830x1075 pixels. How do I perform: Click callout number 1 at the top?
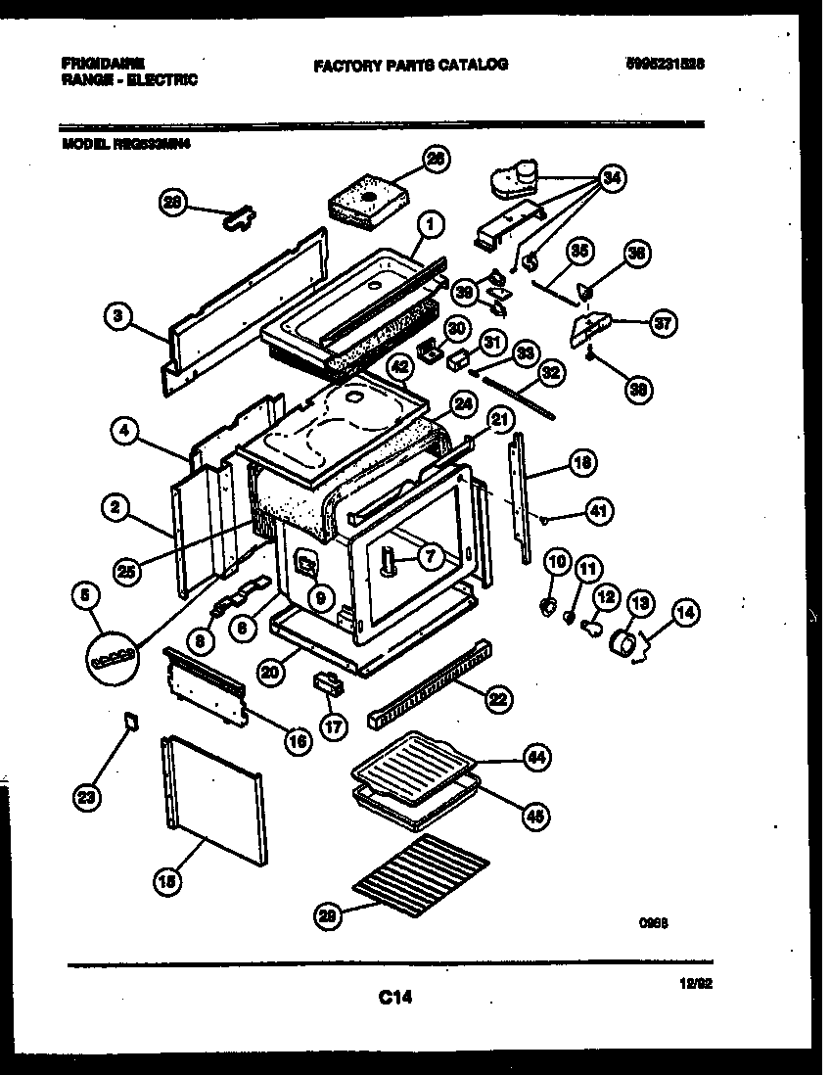431,225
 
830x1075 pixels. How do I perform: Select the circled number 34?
612,177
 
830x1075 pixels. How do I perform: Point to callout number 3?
117,316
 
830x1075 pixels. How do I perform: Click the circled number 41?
599,509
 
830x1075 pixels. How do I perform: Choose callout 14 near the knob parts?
685,613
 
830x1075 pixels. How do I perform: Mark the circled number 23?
88,797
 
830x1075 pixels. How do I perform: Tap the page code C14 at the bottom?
394,998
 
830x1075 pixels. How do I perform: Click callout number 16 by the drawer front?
298,741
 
